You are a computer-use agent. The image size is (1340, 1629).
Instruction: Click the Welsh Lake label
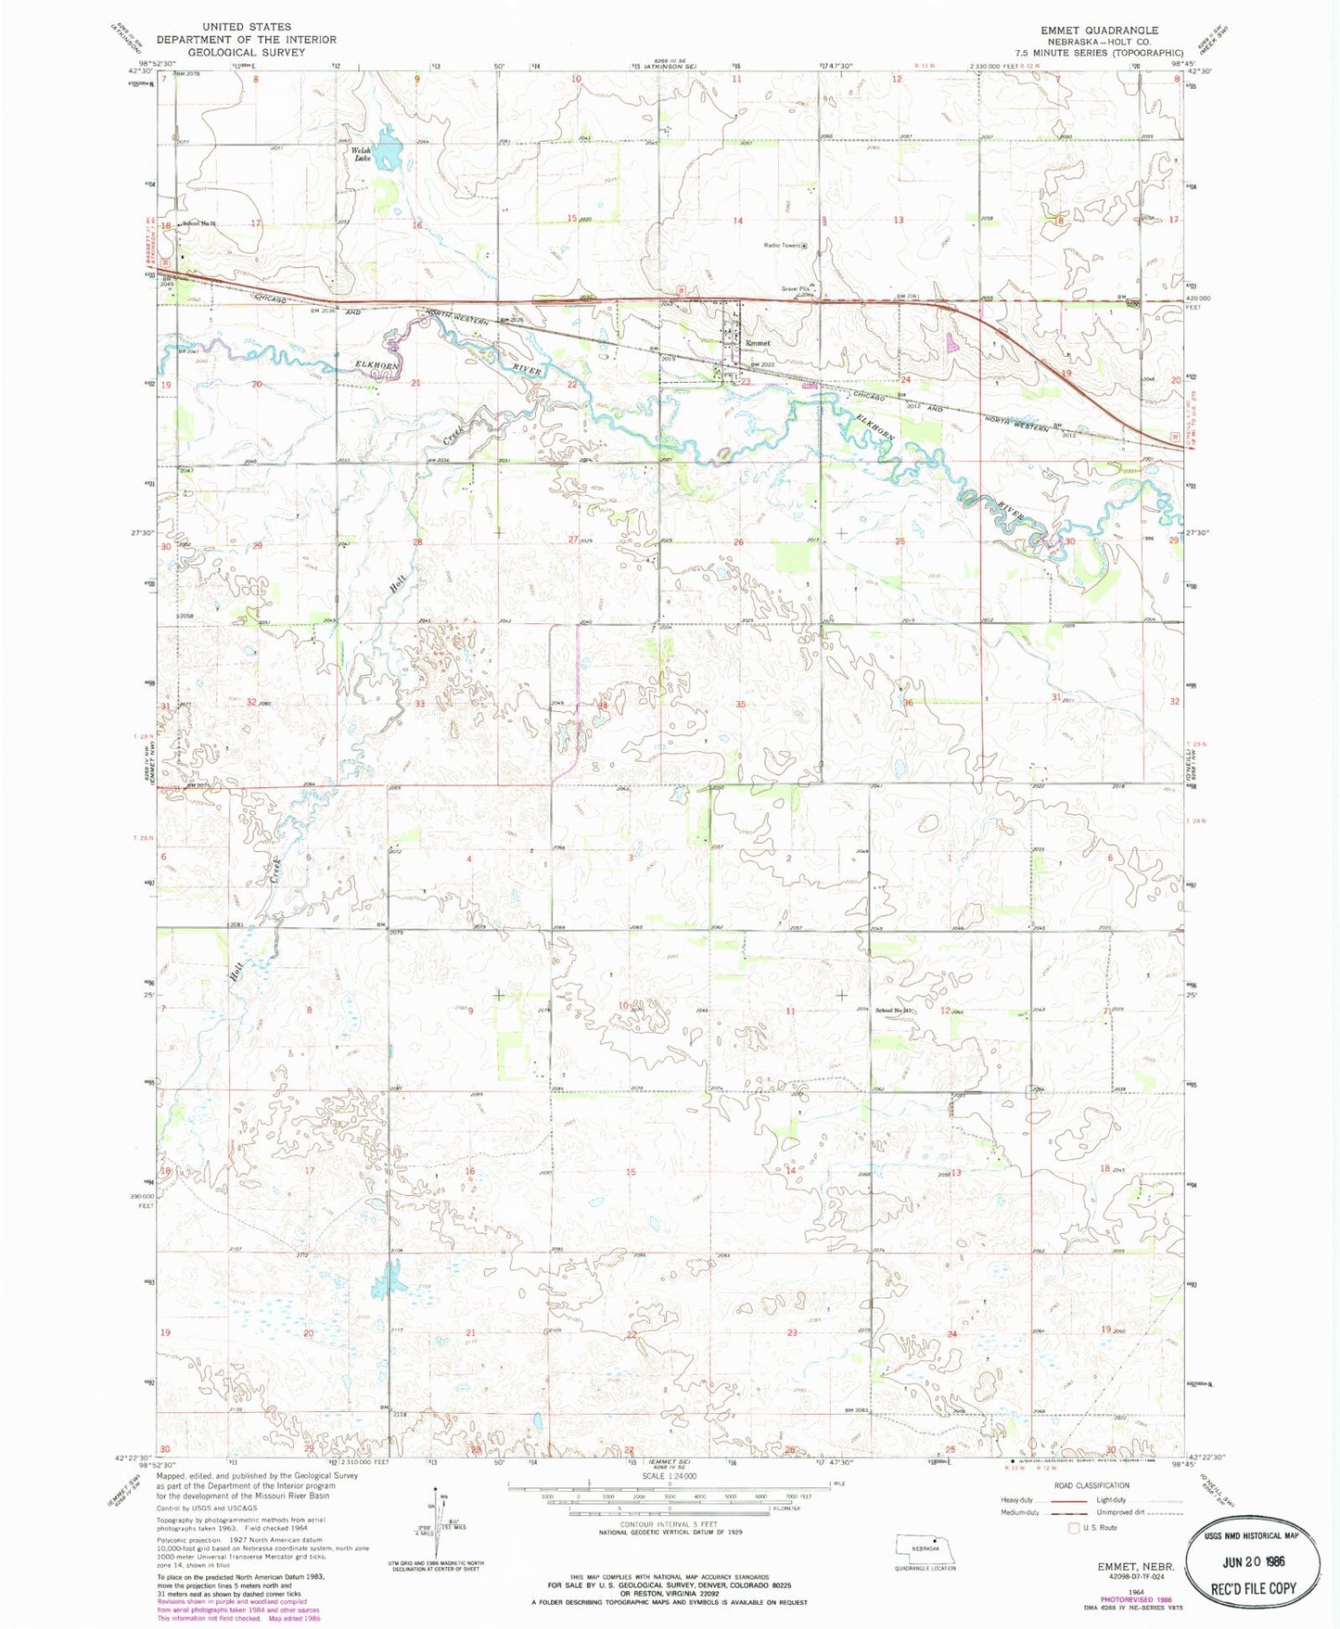[x=361, y=155]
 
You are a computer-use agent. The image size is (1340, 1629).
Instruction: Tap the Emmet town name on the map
[x=758, y=343]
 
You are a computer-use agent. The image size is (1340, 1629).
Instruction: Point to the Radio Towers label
[x=781, y=246]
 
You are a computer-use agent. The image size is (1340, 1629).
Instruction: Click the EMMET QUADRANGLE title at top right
[x=1099, y=31]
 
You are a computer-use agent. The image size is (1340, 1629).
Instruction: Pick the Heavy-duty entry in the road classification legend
[x=1017, y=1500]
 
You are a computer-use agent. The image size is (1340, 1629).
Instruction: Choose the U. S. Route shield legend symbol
[x=1076, y=1527]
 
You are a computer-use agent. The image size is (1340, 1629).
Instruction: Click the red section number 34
[x=603, y=705]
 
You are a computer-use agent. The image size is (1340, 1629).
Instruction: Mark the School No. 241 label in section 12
[x=894, y=1011]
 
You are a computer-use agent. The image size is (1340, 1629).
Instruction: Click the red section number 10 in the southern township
[x=624, y=1005]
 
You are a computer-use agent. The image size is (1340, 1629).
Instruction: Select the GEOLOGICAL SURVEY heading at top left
[x=246, y=52]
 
